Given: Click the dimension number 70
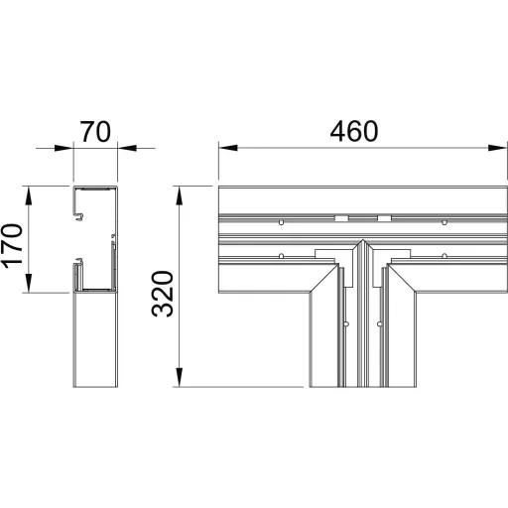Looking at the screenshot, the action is pyautogui.click(x=95, y=132).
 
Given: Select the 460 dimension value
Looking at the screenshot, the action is pyautogui.click(x=354, y=131).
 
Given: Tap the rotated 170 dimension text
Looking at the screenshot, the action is pyautogui.click(x=12, y=246).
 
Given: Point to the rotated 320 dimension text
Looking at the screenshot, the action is pyautogui.click(x=163, y=294).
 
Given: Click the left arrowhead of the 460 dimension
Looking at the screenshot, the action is pyautogui.click(x=228, y=148).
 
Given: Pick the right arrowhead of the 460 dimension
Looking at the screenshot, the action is pyautogui.click(x=497, y=148).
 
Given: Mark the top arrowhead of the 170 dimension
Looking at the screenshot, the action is pyautogui.click(x=29, y=195).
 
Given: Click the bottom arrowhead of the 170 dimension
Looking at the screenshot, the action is pyautogui.click(x=29, y=283).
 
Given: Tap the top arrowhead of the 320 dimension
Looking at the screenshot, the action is pyautogui.click(x=179, y=195).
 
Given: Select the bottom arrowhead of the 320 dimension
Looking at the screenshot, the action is pyautogui.click(x=179, y=377).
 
